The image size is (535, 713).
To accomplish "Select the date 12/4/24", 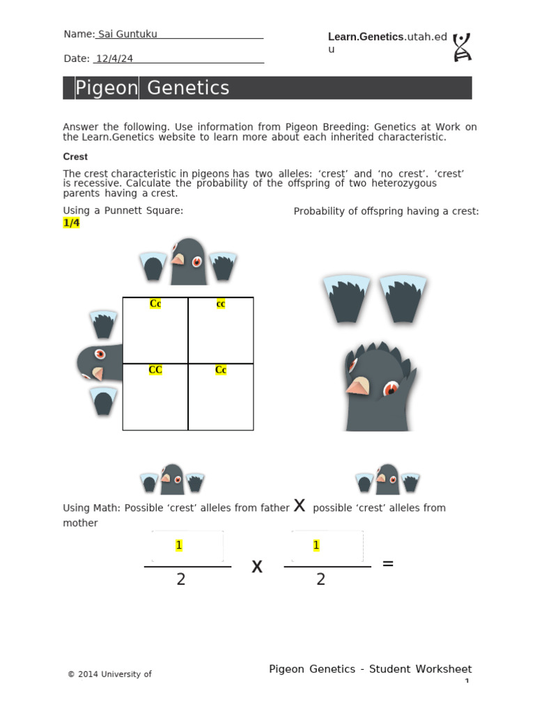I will pos(114,59).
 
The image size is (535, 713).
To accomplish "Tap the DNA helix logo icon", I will pos(461,47).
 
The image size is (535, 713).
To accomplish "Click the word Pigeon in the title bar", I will pos(106,88).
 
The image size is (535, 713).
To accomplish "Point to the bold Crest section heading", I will pos(75,157).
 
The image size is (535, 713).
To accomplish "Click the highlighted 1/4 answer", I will pos(71,223).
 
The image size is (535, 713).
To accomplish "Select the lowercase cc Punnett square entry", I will pos(221,304).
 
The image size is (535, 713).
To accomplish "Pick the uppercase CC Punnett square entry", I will pos(155,370).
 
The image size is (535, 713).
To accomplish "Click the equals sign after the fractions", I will pos(388,563).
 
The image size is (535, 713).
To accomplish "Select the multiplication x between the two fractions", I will pos(257,567).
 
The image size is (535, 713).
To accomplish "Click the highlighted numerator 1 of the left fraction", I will pos(179,545).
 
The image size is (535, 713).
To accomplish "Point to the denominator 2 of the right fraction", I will pos(320,579).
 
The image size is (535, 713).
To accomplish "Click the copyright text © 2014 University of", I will pos(109,674).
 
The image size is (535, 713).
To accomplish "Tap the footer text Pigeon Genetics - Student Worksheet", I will pos(370,669).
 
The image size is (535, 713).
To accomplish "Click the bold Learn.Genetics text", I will pos(366,37).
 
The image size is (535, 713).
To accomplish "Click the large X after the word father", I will pos(300,506).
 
